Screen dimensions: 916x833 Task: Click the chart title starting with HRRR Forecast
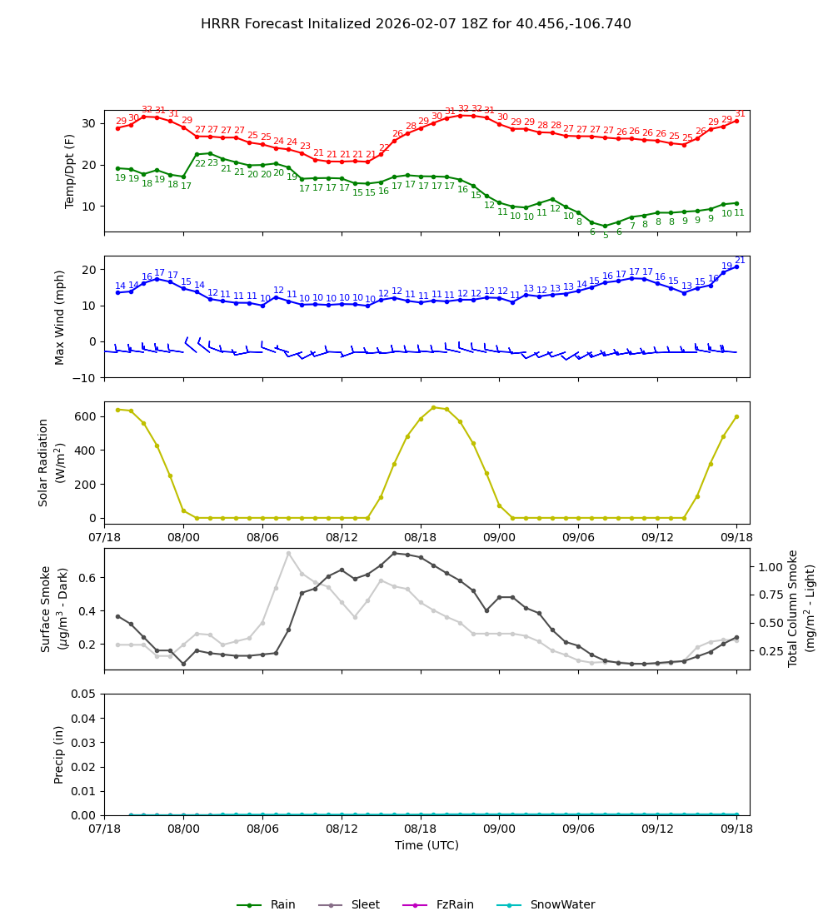[416, 24]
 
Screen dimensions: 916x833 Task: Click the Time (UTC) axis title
[426, 845]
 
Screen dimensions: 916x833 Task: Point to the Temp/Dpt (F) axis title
[71, 171]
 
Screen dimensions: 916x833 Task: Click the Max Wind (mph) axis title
[60, 316]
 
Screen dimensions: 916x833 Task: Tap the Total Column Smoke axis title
[801, 608]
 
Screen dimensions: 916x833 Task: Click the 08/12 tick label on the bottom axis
[342, 829]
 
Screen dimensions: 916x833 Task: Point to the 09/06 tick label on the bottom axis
[578, 829]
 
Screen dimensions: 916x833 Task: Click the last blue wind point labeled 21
[736, 266]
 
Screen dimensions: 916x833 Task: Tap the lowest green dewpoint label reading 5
[606, 236]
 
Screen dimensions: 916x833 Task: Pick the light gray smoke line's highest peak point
[289, 553]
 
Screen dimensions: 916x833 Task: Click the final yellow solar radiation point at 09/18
[736, 416]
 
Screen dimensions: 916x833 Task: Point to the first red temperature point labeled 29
[117, 128]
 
